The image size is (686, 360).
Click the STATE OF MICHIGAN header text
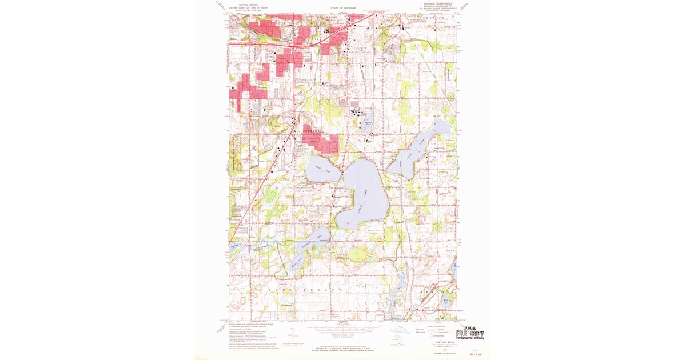point(343,9)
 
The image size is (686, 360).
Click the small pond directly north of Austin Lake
point(369,123)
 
